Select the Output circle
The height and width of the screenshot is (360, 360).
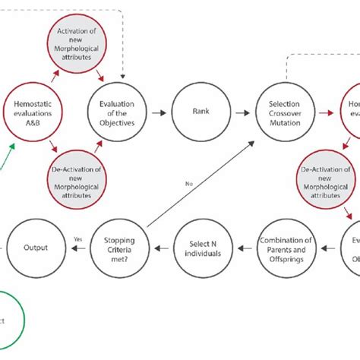[x=36, y=248]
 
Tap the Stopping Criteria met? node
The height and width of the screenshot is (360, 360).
[x=118, y=248]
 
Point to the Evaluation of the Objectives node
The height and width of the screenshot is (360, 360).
[x=118, y=112]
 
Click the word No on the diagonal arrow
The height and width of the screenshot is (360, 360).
[x=188, y=183]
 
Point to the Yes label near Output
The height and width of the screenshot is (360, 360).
[x=77, y=238]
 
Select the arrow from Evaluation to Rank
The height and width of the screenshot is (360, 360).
[x=160, y=112]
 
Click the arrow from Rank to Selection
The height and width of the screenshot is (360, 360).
[x=241, y=112]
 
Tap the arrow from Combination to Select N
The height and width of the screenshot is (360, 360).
[x=243, y=248]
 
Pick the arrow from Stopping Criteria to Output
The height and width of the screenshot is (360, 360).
[x=77, y=248]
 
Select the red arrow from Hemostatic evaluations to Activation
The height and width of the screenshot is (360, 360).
[x=53, y=77]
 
